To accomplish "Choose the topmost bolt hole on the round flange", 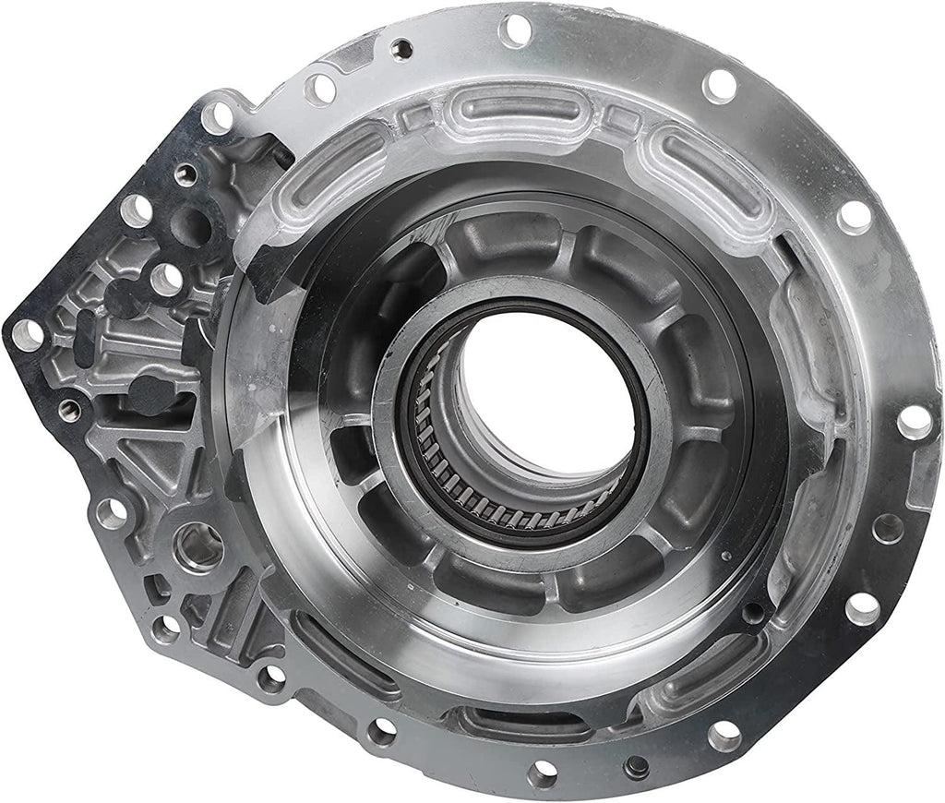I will [515, 30].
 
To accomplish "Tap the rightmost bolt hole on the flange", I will [914, 420].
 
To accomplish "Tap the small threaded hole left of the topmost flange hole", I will [401, 49].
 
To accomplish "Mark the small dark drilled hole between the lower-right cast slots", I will [754, 612].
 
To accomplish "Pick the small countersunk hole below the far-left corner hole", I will [69, 409].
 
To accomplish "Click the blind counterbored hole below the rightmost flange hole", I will [888, 529].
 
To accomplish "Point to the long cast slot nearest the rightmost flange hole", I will [803, 342].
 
